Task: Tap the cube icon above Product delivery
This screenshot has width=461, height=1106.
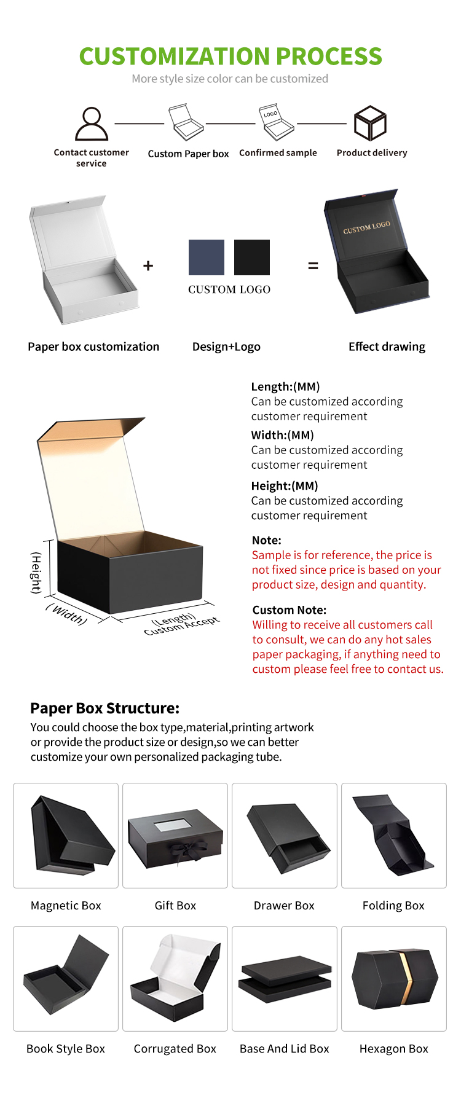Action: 370,123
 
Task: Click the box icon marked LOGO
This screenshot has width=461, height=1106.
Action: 278,122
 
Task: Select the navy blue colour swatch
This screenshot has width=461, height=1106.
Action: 207,257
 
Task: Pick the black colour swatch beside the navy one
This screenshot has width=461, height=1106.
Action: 252,257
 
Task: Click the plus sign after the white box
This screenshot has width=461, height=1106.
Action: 148,265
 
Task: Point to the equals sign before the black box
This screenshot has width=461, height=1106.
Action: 313,266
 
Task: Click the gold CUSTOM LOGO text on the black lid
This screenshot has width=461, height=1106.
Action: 366,227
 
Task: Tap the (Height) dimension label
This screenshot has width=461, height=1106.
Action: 36,573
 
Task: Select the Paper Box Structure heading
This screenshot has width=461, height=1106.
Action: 104,708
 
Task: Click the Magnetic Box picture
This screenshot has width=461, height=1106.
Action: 66,835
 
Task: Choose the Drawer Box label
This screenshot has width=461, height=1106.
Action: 284,905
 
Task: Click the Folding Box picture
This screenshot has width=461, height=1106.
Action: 394,835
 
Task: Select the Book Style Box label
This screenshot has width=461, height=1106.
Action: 66,1048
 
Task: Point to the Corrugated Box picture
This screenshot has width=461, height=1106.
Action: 175,978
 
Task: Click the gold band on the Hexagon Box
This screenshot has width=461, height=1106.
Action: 404,978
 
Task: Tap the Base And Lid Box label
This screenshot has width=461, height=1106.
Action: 285,1048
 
